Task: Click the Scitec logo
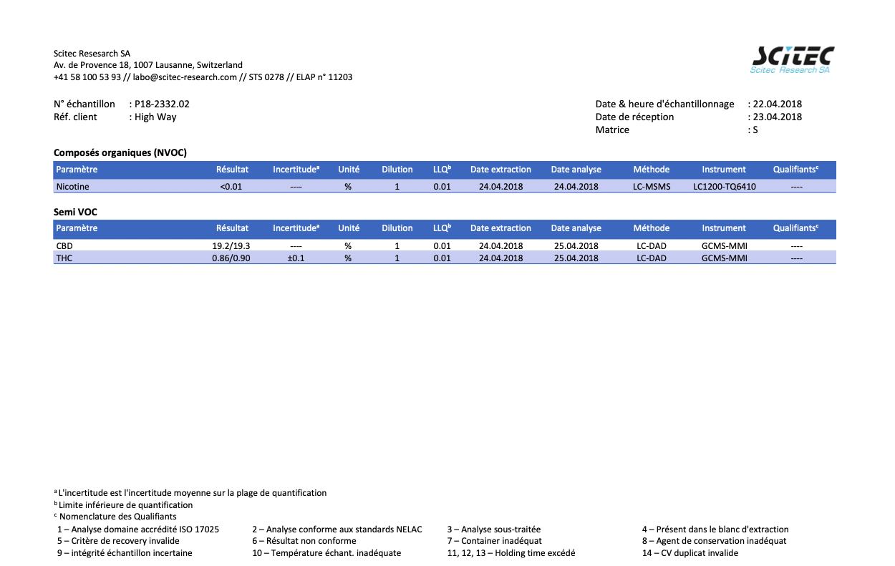click(793, 60)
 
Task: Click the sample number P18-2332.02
click(162, 104)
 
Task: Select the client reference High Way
click(155, 117)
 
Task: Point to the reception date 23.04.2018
click(777, 117)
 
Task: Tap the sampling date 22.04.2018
click(777, 104)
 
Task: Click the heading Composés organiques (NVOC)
click(120, 152)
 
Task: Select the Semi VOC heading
click(75, 212)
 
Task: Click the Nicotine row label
click(73, 187)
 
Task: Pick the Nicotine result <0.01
click(231, 187)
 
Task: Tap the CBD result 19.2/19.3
click(231, 246)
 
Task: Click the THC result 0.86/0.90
click(231, 258)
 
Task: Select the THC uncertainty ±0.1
click(296, 258)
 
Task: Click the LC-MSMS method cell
click(652, 187)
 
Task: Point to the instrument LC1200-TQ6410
click(725, 187)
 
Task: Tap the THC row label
click(64, 258)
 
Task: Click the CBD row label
click(64, 246)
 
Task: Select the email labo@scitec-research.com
click(185, 77)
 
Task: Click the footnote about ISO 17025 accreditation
click(138, 530)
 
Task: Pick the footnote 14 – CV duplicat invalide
click(690, 553)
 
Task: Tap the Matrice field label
click(612, 130)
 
